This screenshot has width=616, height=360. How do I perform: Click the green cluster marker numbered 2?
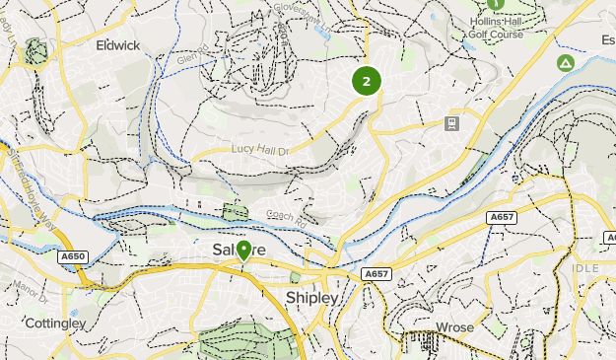(x=367, y=81)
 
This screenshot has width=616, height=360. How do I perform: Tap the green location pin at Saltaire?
(x=243, y=252)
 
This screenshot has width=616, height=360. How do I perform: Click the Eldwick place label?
(x=117, y=45)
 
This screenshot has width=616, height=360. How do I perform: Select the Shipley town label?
(x=311, y=297)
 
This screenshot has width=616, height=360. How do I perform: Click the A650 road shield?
(x=73, y=256)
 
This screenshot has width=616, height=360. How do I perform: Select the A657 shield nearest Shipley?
(x=376, y=274)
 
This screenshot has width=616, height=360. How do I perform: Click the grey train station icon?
(x=451, y=122)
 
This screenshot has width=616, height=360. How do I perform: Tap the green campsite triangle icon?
(x=566, y=63)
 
